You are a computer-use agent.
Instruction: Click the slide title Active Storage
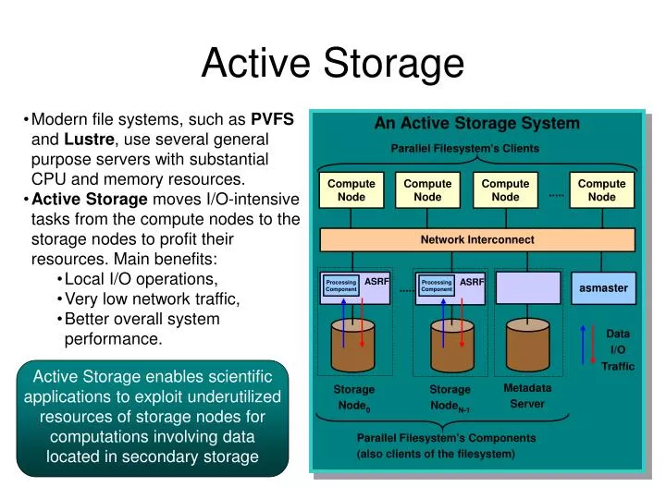pyautogui.click(x=332, y=63)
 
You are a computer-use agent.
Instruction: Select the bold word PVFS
pyautogui.click(x=272, y=119)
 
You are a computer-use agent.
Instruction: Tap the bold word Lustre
pyautogui.click(x=89, y=140)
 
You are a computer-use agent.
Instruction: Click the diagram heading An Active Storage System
pyautogui.click(x=476, y=123)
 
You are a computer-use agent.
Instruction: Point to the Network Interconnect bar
pyautogui.click(x=477, y=239)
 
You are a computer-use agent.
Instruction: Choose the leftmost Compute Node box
pyautogui.click(x=351, y=190)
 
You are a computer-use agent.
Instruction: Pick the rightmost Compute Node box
pyautogui.click(x=601, y=190)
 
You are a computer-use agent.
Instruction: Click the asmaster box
pyautogui.click(x=603, y=288)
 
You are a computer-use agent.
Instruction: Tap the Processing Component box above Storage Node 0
pyautogui.click(x=340, y=286)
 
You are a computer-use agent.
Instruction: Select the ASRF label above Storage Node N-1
pyautogui.click(x=472, y=282)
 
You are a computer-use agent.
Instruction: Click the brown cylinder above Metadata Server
pyautogui.click(x=528, y=343)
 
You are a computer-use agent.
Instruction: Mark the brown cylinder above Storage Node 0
pyautogui.click(x=353, y=343)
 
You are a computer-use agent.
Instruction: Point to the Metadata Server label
pyautogui.click(x=527, y=396)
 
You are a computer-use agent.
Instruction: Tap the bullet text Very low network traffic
pyautogui.click(x=153, y=298)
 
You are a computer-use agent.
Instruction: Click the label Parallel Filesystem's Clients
pyautogui.click(x=464, y=148)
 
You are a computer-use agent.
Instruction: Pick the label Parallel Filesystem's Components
pyautogui.click(x=446, y=438)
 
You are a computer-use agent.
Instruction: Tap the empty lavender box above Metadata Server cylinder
pyautogui.click(x=528, y=286)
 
